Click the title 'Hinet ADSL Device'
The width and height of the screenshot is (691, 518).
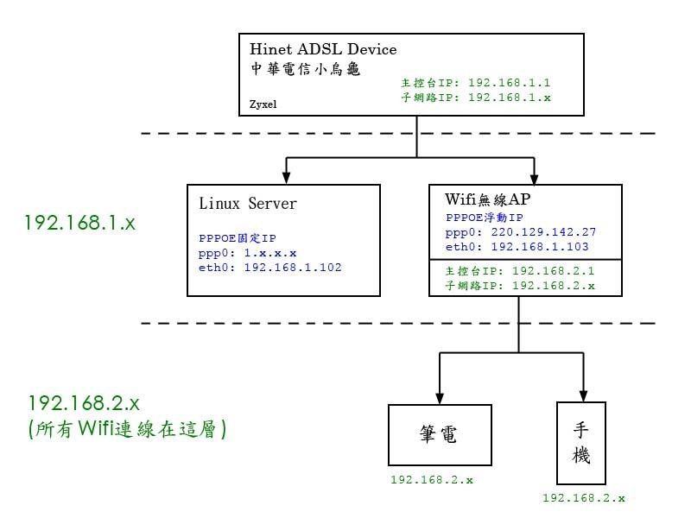point(323,49)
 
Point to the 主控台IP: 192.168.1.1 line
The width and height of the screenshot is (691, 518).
point(475,84)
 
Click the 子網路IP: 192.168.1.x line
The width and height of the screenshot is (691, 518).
point(475,98)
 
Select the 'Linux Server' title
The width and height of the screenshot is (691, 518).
point(248,204)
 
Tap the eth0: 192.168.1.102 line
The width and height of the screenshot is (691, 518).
point(270,268)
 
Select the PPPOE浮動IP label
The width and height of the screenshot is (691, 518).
point(485,218)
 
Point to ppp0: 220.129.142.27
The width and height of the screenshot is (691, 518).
point(521,232)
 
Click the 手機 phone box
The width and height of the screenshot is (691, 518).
point(581,441)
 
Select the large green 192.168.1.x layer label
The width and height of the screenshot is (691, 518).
point(80,222)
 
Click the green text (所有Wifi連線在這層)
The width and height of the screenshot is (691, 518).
point(127,427)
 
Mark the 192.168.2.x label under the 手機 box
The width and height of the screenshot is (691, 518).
point(584,498)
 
